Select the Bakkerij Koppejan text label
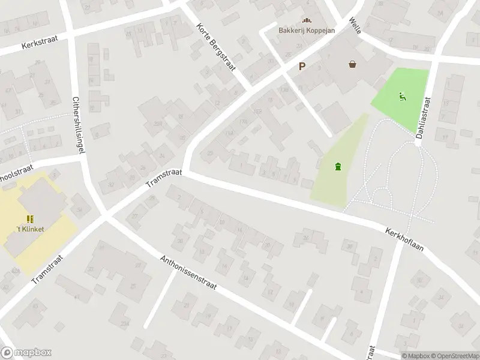pos(306,31)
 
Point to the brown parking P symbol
pos(302,67)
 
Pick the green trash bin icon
pos(338,166)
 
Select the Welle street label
pos(355,25)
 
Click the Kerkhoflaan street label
pos(403,238)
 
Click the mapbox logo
pos(26,353)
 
